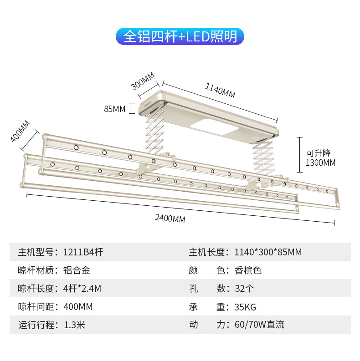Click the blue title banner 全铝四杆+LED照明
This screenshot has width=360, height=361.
[x=180, y=36]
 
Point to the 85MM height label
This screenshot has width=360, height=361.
[x=114, y=109]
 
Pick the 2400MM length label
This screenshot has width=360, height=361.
[x=170, y=218]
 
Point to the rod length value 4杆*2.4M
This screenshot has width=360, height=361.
[x=82, y=288]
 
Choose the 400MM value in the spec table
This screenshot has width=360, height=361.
[x=78, y=306]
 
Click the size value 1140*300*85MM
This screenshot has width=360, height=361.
[x=268, y=252]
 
